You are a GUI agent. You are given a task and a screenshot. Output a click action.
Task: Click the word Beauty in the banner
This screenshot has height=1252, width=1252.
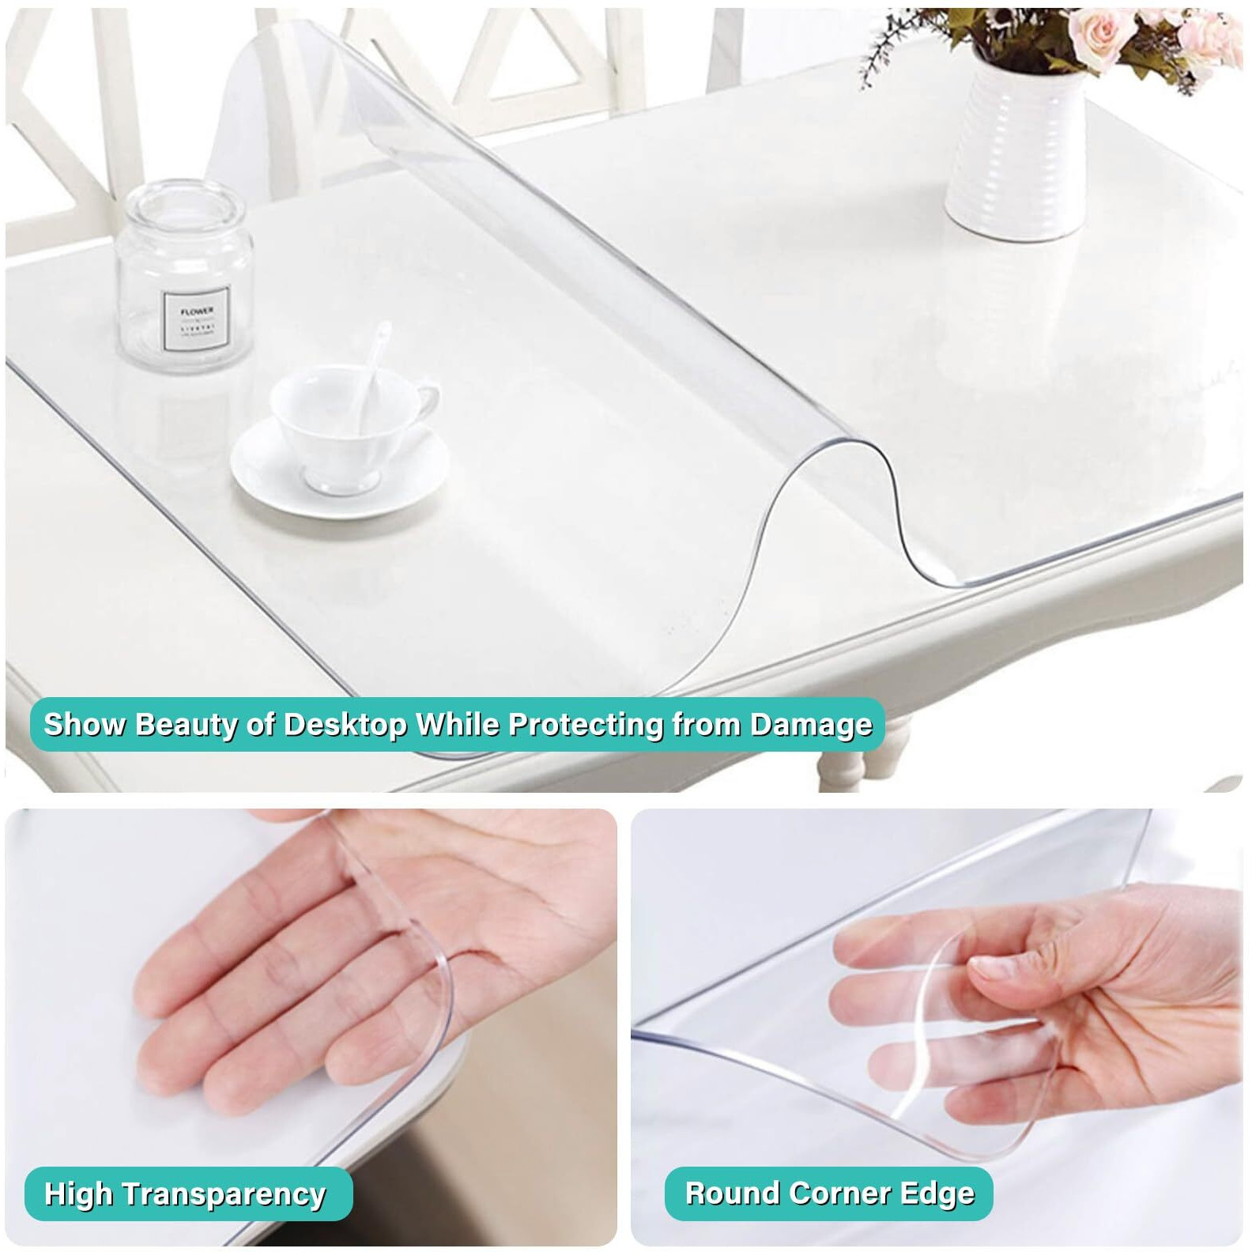pos(186,724)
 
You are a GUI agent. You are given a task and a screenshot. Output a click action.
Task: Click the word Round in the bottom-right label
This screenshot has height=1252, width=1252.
pos(732,1193)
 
